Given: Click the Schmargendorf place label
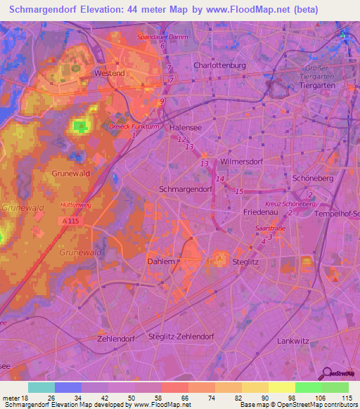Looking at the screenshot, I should coord(186,190).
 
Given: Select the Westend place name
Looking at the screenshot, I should coord(110,73).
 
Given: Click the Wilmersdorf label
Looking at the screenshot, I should coord(240,162).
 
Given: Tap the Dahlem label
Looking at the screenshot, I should coord(160,261).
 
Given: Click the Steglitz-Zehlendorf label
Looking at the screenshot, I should coord(181,337).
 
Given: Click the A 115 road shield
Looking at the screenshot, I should coord(69,221).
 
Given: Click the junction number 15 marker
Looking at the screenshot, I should coord(238,191).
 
